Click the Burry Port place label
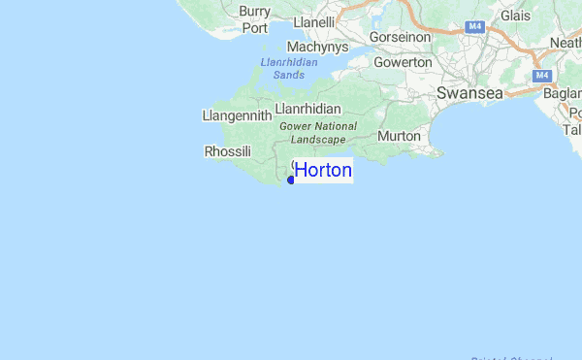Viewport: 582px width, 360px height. click(254, 19)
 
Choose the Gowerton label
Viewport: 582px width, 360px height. click(403, 62)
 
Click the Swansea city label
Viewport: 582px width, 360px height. click(469, 93)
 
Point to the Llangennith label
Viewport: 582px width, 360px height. click(236, 115)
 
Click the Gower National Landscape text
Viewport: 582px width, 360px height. click(318, 133)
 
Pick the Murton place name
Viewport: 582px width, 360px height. click(399, 136)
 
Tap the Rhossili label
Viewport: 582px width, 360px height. click(228, 151)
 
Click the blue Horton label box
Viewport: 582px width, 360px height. click(323, 171)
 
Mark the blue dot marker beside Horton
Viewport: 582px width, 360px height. click(291, 180)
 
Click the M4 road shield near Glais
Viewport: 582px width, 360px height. click(474, 28)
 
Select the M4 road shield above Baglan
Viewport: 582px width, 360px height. click(542, 76)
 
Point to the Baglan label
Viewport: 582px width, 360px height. click(565, 94)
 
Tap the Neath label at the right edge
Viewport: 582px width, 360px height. click(566, 43)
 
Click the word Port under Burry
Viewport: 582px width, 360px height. click(254, 28)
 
